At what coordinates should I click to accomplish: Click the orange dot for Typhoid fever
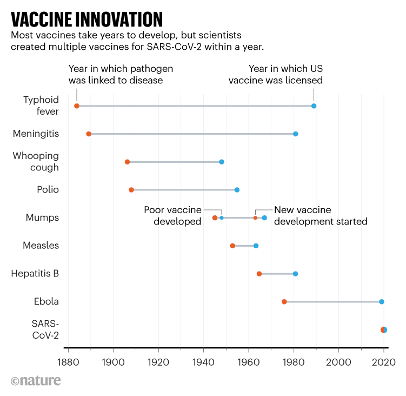click(x=77, y=106)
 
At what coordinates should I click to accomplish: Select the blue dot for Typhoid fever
click(x=314, y=106)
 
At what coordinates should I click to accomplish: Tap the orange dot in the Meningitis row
click(x=89, y=134)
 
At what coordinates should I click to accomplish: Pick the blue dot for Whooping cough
click(x=222, y=162)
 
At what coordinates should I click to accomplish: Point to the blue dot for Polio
click(x=237, y=190)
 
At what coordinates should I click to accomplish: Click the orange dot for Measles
click(x=232, y=246)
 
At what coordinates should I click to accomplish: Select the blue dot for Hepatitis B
click(x=295, y=274)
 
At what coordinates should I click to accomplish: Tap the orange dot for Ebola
click(x=284, y=302)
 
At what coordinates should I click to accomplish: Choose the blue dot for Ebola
click(x=382, y=302)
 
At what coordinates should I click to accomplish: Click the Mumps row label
click(x=42, y=217)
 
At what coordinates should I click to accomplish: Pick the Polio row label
click(x=48, y=190)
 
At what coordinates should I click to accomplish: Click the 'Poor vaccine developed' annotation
click(x=172, y=215)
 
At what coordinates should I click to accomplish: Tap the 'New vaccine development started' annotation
click(x=321, y=215)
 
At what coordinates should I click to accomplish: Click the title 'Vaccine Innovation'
click(x=86, y=19)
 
